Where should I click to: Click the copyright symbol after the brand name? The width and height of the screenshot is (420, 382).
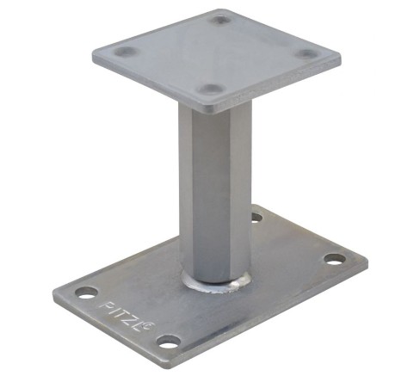click(x=151, y=326)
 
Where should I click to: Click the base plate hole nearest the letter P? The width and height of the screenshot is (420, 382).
click(x=86, y=293)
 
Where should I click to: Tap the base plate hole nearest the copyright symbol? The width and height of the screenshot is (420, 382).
click(x=170, y=342)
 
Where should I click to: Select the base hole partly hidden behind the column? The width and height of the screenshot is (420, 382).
click(x=256, y=217)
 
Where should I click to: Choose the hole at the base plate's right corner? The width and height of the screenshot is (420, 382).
click(x=335, y=259)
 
